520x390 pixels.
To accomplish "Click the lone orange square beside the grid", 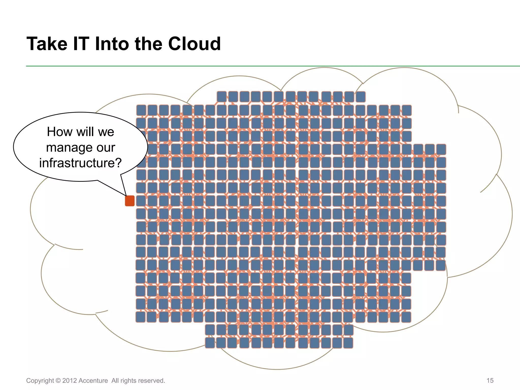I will (130, 201).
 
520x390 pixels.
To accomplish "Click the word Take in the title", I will (47, 44).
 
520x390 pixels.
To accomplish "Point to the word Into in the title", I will (112, 44).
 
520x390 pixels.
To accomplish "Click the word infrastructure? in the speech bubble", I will (80, 163).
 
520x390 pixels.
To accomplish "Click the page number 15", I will (490, 380).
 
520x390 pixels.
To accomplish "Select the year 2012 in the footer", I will (70, 381).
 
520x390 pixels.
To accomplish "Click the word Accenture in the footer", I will (93, 381).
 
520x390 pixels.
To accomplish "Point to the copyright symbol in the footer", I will (58, 381).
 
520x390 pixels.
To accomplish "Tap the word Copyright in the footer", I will (40, 381).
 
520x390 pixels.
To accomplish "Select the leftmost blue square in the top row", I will (222, 97).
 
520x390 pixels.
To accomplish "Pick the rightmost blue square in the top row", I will (361, 97).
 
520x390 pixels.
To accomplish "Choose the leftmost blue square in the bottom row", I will (210, 343).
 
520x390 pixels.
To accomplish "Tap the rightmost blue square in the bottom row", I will (348, 343).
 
